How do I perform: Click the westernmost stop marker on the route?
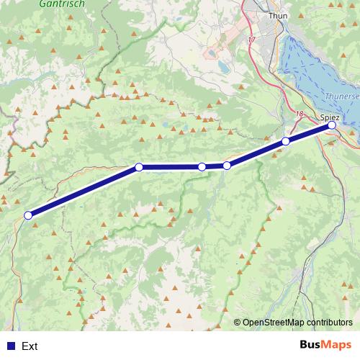click(x=28, y=215)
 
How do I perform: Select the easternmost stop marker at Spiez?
click(x=332, y=125)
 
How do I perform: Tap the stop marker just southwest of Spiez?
click(x=286, y=141)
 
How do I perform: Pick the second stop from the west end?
click(x=139, y=167)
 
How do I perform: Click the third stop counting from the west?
click(x=202, y=167)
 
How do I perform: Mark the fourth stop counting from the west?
click(x=227, y=166)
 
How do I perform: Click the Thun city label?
click(x=277, y=14)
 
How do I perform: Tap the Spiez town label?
click(x=330, y=115)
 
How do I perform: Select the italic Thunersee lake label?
click(x=341, y=94)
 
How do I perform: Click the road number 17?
click(x=251, y=40)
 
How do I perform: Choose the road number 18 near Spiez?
click(x=300, y=114)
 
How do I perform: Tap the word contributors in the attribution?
click(x=328, y=323)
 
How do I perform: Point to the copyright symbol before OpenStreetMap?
click(x=238, y=323)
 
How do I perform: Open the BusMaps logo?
click(x=325, y=345)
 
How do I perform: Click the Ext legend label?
click(x=30, y=346)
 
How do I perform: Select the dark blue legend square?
click(x=10, y=346)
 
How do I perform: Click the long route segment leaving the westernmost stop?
click(x=83, y=192)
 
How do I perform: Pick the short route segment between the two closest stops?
click(x=215, y=166)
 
